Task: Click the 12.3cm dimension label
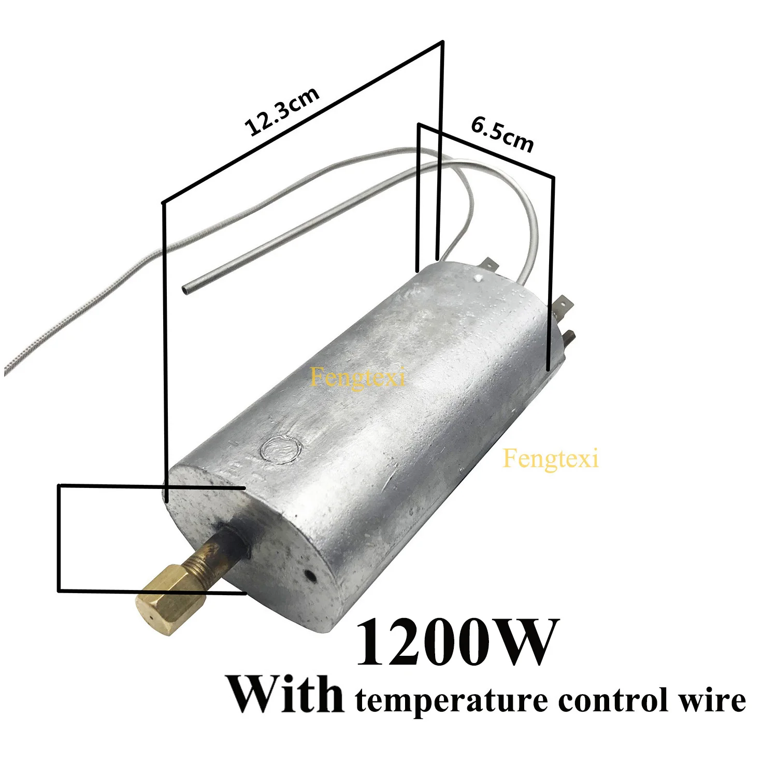click(282, 112)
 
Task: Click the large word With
click(285, 694)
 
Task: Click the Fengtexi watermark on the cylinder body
click(357, 377)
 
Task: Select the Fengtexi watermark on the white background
click(551, 458)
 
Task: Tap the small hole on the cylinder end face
click(310, 575)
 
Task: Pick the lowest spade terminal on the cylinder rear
click(568, 337)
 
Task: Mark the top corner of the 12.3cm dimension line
click(442, 41)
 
